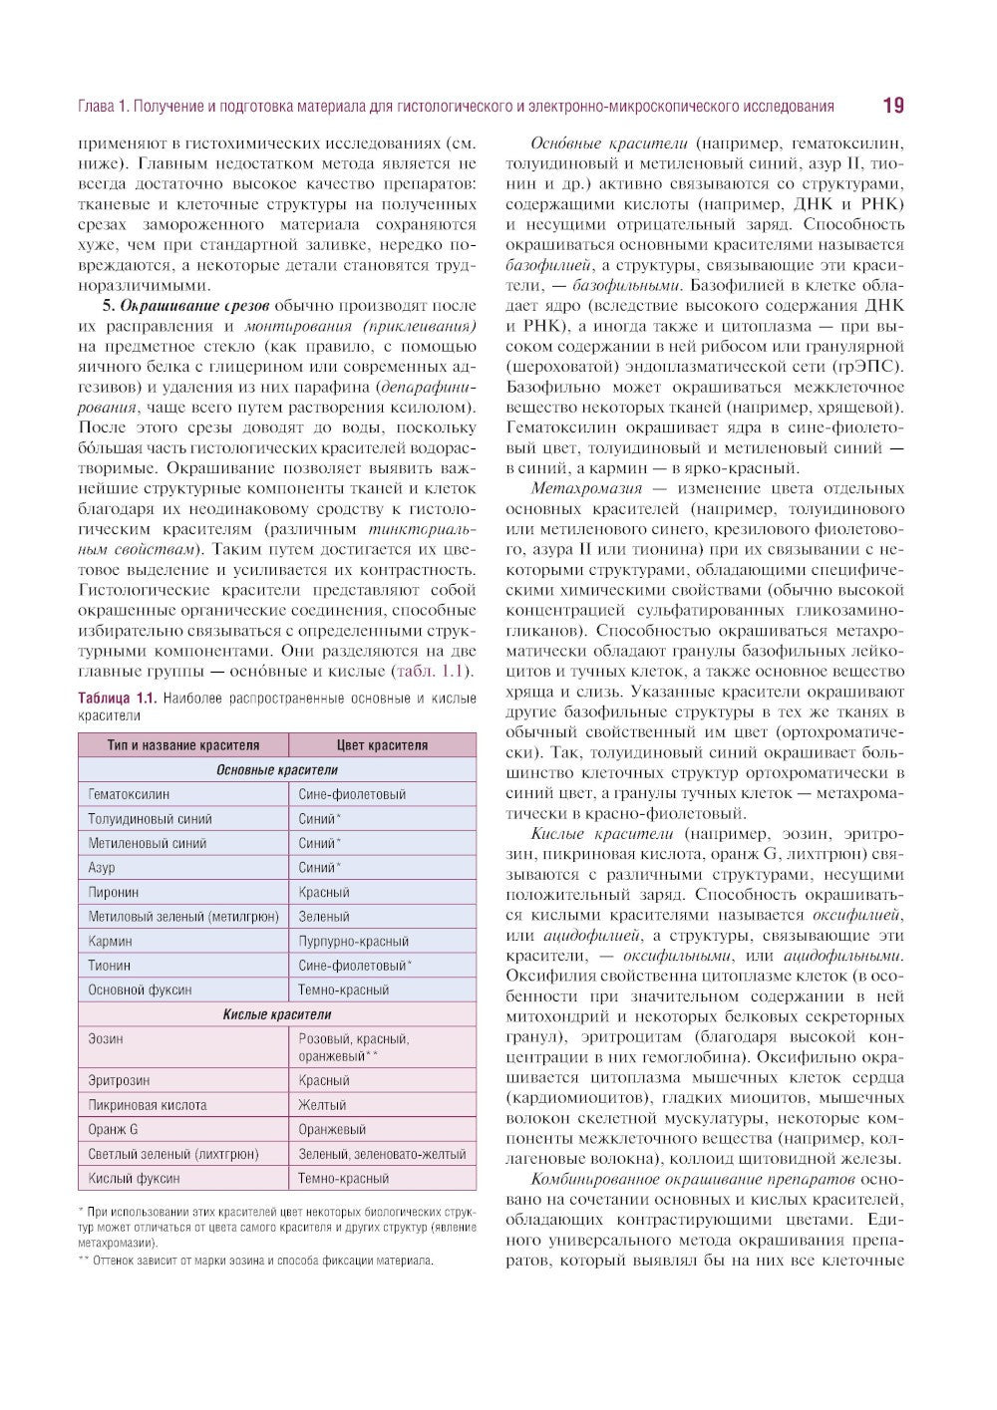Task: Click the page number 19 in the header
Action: pos(892,106)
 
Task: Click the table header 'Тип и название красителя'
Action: pos(183,745)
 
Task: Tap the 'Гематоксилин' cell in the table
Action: pos(129,794)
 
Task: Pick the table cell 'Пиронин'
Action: pos(114,892)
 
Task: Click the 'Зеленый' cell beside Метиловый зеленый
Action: pos(324,917)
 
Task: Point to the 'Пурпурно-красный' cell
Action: pos(354,941)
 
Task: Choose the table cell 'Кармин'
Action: pos(110,941)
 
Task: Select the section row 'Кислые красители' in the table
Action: pos(277,1014)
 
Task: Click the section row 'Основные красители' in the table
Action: pos(277,770)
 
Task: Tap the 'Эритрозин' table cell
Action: pos(120,1080)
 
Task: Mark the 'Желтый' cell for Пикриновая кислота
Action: pos(322,1105)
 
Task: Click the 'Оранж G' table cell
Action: pos(114,1129)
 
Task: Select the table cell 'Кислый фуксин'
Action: pos(134,1178)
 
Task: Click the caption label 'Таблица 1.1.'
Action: pos(118,699)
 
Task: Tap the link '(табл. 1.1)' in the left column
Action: pos(435,671)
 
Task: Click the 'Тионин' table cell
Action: pos(110,966)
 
